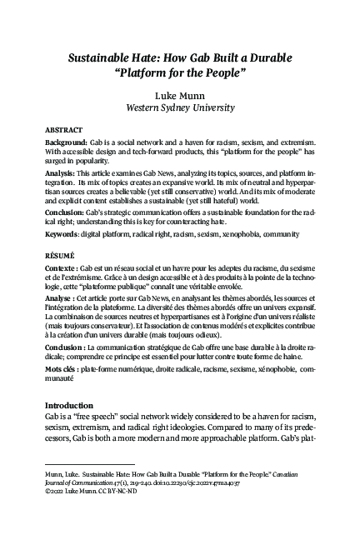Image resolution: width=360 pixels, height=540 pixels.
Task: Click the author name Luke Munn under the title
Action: [179, 96]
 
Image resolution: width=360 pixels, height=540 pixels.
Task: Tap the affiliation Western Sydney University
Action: [179, 108]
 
